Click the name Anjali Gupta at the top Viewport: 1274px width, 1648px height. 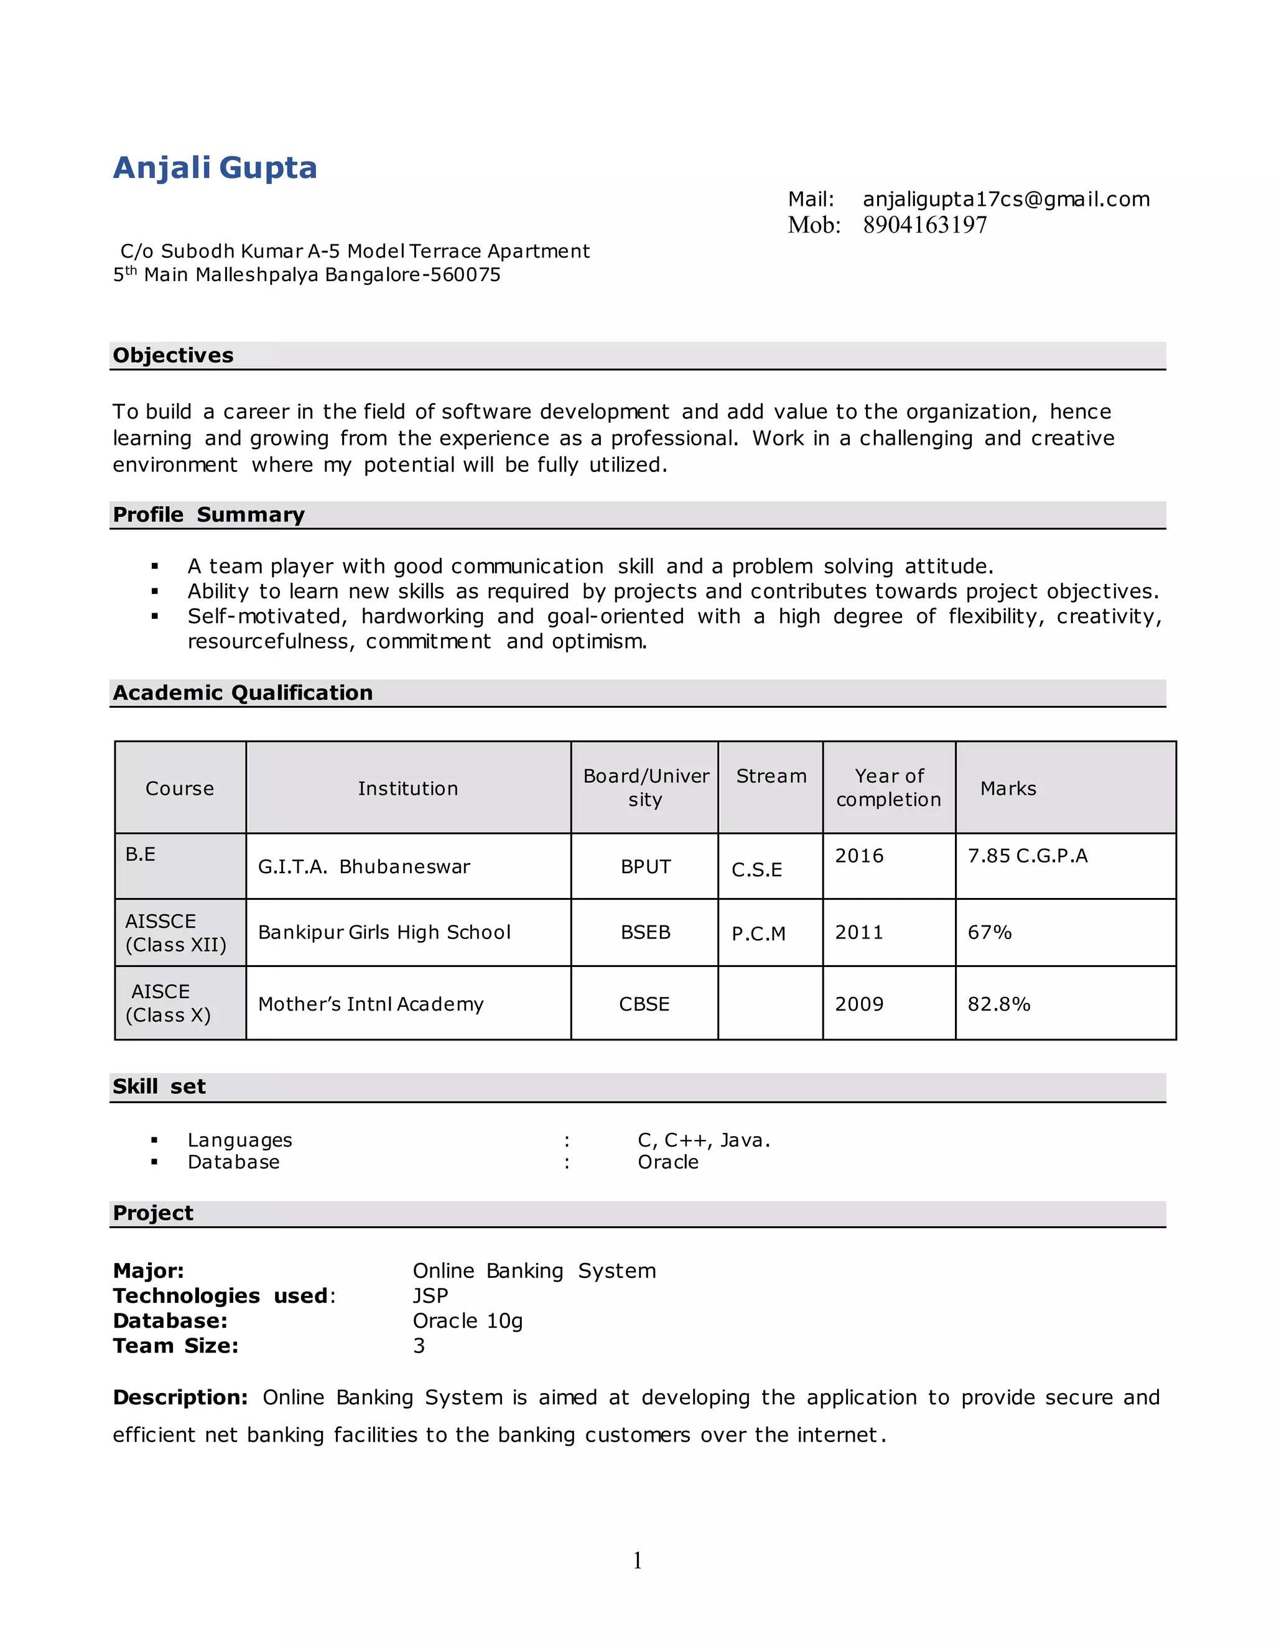coord(215,167)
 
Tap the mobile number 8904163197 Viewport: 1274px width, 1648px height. coord(924,225)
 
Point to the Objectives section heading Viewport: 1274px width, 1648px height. coord(173,355)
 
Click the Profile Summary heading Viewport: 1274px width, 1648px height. coord(208,515)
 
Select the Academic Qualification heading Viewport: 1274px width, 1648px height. coord(242,693)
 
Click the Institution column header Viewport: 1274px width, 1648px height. coord(407,789)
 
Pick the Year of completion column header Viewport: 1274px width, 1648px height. coord(888,788)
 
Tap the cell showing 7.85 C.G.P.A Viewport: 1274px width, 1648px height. coord(1027,856)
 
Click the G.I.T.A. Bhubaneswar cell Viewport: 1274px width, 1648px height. coord(364,866)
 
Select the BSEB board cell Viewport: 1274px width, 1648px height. coord(645,933)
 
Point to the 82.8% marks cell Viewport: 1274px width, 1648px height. coord(998,1004)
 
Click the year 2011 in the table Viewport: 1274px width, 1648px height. coord(859,933)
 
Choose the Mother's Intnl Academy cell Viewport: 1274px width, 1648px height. coord(371,1004)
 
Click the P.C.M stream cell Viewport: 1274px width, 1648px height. coord(758,934)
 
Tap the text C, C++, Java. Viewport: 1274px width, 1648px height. coord(704,1140)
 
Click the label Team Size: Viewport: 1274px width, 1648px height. coord(175,1346)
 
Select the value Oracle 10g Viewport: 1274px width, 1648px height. coord(467,1322)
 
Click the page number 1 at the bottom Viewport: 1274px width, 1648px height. coord(638,1560)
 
